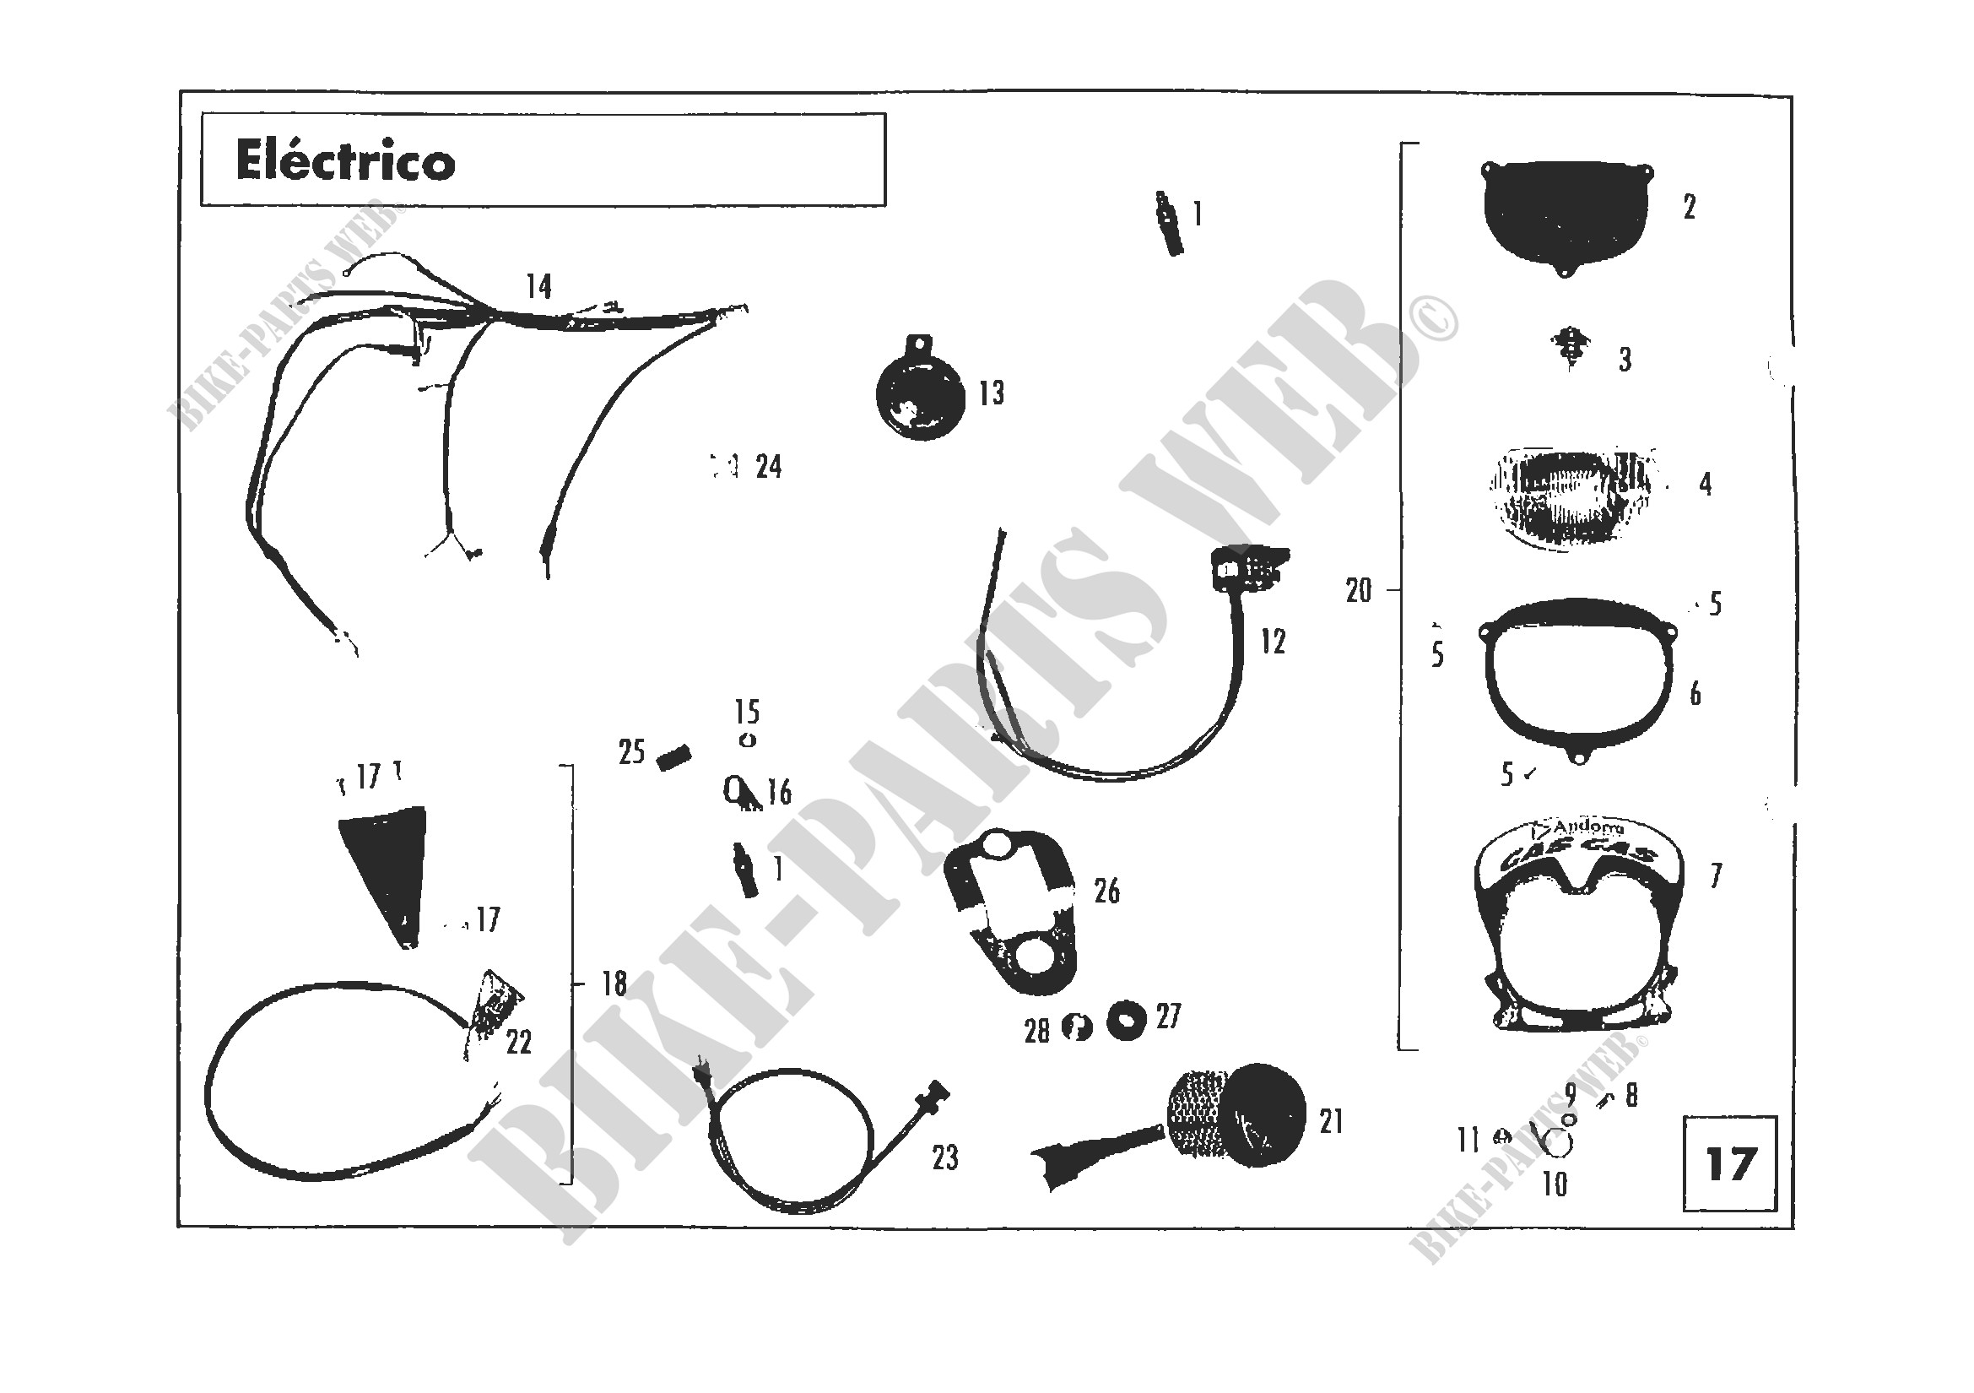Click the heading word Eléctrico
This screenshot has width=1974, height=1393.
[345, 161]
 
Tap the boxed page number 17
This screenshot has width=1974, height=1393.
[1729, 1164]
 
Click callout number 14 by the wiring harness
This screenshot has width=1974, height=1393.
[538, 286]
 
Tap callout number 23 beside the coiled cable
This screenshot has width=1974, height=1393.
[945, 1158]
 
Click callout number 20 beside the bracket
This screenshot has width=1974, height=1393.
[1359, 591]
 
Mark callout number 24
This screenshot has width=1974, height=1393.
[769, 467]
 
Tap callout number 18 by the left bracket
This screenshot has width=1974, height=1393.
[614, 983]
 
